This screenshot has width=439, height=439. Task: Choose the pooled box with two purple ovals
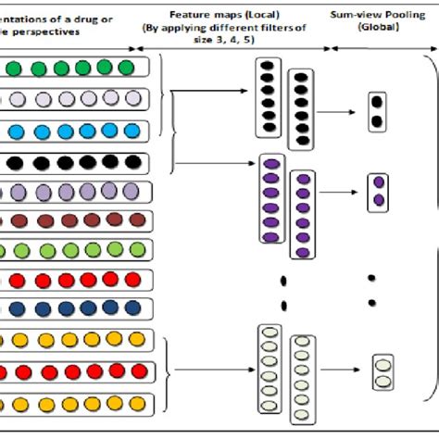[378, 192]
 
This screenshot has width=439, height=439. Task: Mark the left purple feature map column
[271, 197]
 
